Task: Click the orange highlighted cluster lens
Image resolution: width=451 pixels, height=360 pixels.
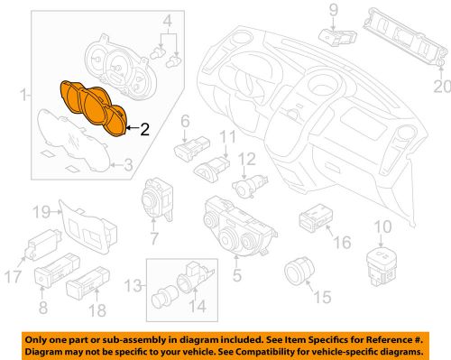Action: coord(94,109)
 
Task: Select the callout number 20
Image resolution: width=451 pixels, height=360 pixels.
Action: coord(439,87)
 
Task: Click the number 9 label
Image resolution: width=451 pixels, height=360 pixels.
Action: coord(331,10)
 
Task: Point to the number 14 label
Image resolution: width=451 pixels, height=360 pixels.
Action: coord(199,308)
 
